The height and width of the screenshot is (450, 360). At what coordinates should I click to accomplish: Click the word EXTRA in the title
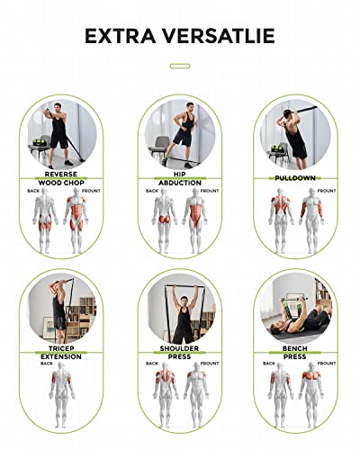click(121, 36)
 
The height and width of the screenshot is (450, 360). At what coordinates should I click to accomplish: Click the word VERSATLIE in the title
click(219, 36)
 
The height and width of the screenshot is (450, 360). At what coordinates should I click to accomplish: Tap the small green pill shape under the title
click(180, 66)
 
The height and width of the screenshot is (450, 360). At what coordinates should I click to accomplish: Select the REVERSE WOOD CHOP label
click(61, 178)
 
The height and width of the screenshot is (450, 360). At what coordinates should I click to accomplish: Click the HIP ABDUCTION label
click(180, 178)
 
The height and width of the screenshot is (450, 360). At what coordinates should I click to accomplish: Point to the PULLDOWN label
click(295, 178)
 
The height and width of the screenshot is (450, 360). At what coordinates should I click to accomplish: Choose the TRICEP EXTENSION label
click(61, 353)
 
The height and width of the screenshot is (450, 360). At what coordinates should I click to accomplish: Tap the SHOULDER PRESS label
click(179, 353)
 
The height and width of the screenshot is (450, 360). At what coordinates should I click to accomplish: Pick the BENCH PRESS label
click(295, 353)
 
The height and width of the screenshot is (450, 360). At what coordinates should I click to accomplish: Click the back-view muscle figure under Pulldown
click(281, 220)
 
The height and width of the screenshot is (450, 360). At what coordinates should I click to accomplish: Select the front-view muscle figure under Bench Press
click(312, 394)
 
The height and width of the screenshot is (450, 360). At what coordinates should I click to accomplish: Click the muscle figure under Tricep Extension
click(61, 394)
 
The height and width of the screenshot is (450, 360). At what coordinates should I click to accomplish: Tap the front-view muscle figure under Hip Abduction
click(195, 220)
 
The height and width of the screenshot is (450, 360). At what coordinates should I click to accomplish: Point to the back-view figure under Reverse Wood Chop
click(45, 220)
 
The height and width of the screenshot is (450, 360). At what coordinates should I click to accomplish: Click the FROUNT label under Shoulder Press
click(210, 364)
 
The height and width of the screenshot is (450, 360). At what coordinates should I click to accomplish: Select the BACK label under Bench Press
click(269, 364)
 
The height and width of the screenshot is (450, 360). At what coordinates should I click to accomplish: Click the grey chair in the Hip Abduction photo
click(160, 147)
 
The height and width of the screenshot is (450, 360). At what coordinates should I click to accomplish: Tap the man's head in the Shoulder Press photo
click(184, 301)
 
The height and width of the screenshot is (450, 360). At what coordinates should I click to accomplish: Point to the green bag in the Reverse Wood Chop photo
click(38, 142)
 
